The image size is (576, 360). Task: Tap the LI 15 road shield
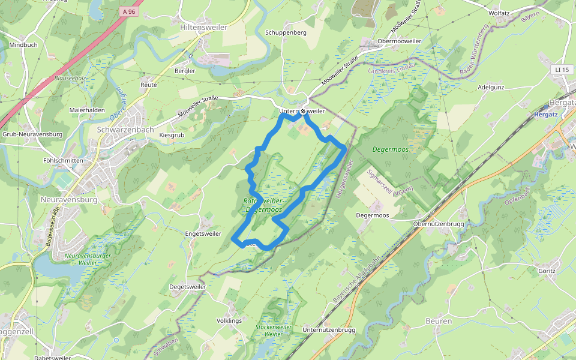click(561, 70)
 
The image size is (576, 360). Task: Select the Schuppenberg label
click(286, 32)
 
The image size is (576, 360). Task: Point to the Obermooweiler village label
click(400, 41)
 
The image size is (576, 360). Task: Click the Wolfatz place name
click(499, 13)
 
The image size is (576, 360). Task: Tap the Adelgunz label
click(491, 87)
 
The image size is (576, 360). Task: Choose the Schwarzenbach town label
click(125, 129)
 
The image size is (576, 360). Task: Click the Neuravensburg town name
click(69, 199)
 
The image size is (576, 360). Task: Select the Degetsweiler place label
click(188, 287)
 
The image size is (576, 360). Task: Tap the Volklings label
click(229, 321)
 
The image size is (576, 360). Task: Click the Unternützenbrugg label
click(329, 330)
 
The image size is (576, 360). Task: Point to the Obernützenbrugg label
click(439, 224)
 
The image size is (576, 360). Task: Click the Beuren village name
click(438, 322)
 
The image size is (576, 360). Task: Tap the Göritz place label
click(547, 271)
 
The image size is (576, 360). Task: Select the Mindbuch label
click(23, 45)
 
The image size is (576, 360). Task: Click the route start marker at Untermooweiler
click(304, 112)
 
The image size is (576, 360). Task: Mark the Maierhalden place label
click(87, 110)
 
